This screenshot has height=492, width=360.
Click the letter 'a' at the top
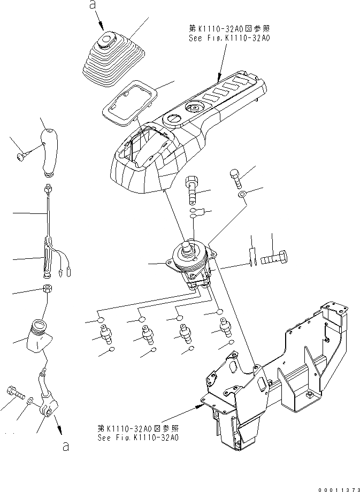coord(93,6)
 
